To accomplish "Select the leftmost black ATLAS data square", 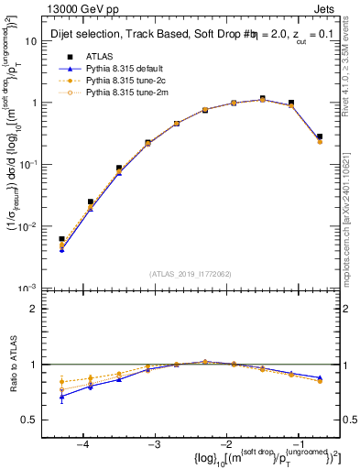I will tap(61, 239).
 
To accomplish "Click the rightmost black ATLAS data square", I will tap(319, 136).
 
